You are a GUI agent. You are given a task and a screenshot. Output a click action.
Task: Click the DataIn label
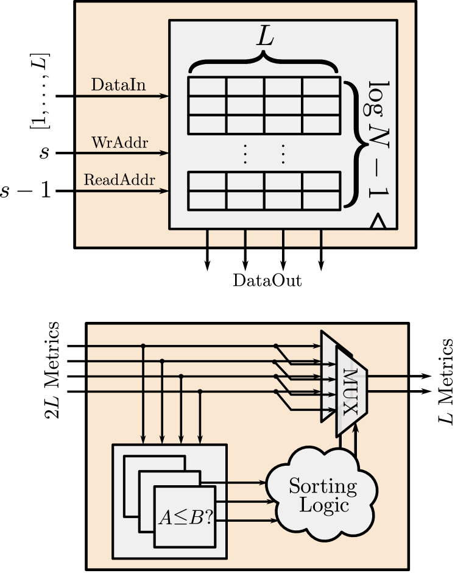click(x=118, y=85)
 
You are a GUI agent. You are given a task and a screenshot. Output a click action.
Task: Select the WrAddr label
click(x=120, y=143)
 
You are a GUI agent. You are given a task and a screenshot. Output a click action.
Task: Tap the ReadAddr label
click(x=119, y=180)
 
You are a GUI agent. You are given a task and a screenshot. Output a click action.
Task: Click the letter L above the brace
click(x=265, y=38)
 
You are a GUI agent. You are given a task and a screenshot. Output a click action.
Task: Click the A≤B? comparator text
click(x=185, y=518)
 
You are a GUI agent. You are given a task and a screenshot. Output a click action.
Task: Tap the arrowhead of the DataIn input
click(x=164, y=96)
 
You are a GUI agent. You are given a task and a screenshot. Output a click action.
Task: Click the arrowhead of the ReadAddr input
click(x=164, y=191)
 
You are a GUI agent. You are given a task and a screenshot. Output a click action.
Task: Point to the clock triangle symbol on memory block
click(x=378, y=222)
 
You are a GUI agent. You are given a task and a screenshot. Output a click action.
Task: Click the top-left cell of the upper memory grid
click(x=207, y=87)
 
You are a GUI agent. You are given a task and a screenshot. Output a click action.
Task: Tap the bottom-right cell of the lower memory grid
click(x=321, y=201)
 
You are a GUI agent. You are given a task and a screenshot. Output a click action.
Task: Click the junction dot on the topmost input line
click(x=143, y=346)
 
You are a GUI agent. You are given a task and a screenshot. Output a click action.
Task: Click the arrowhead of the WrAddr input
click(x=164, y=154)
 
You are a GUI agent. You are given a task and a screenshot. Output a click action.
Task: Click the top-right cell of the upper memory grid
click(x=321, y=87)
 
